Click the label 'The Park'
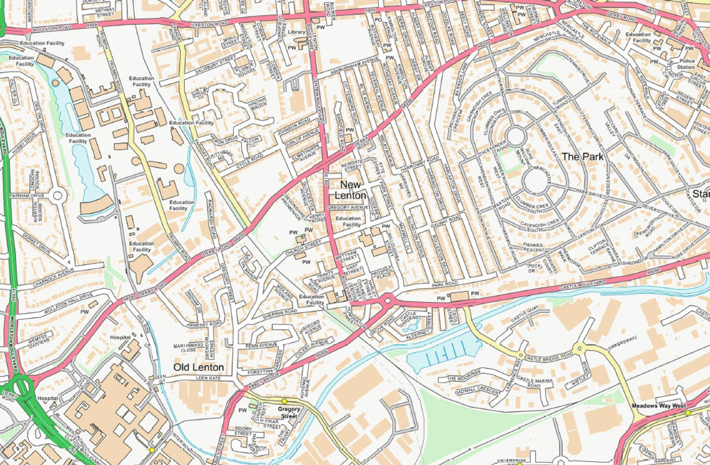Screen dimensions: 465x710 pyautogui.click(x=582, y=156)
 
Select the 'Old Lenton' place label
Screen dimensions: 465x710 pyautogui.click(x=199, y=367)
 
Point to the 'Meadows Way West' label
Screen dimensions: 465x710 pyautogui.click(x=658, y=406)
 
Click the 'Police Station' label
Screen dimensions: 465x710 pyautogui.click(x=686, y=64)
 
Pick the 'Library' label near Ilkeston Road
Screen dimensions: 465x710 pyautogui.click(x=297, y=33)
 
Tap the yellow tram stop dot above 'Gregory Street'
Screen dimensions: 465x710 pyautogui.click(x=284, y=401)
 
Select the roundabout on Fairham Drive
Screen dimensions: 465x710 pyautogui.click(x=57, y=195)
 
